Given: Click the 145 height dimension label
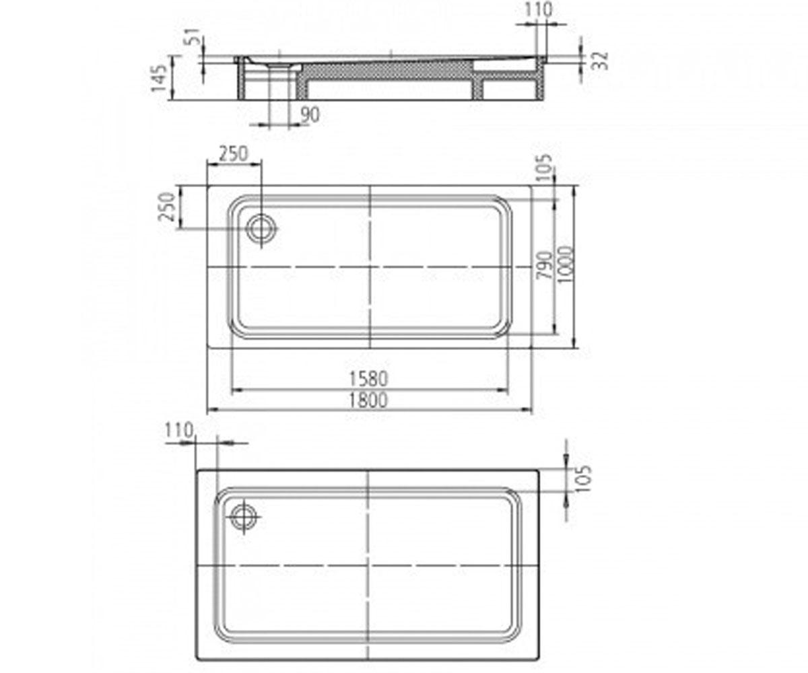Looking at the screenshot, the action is [x=159, y=79].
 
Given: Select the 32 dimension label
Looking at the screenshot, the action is [x=601, y=61].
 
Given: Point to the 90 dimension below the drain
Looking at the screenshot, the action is [x=310, y=115].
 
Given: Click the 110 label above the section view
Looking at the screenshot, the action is [x=538, y=9].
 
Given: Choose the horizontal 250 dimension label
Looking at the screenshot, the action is [x=234, y=154].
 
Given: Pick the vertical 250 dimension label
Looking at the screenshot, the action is [x=167, y=207].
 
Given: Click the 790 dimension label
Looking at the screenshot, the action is [x=545, y=265].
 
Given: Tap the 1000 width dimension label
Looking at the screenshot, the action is [x=565, y=264].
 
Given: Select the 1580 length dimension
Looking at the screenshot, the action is [x=368, y=379].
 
